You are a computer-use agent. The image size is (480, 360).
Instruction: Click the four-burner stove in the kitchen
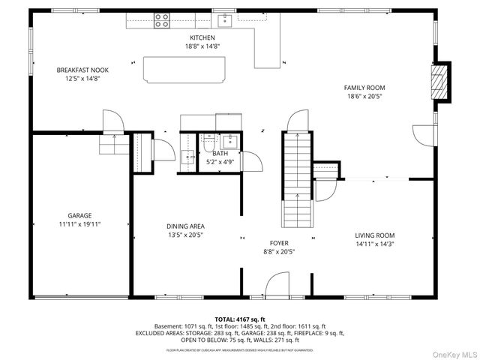click(161, 20)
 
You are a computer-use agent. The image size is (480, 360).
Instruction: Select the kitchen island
click(184, 69)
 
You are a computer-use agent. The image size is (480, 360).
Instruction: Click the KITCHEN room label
click(202, 37)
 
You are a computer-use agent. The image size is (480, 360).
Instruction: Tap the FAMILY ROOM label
click(364, 88)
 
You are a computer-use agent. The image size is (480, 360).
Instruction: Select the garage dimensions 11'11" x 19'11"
click(79, 223)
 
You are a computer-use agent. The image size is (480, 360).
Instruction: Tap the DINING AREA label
click(185, 226)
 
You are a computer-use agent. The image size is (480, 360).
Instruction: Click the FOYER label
click(279, 243)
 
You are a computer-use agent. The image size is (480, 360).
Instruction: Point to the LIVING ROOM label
click(374, 235)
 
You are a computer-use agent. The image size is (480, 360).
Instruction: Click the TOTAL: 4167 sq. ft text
click(240, 319)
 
